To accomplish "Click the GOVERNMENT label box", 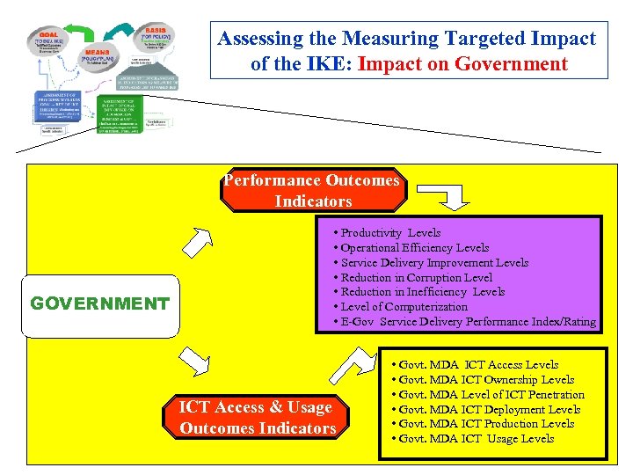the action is click(x=99, y=305).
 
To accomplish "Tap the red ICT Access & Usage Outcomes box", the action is click(x=258, y=418).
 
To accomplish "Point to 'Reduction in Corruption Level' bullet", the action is click(x=417, y=277).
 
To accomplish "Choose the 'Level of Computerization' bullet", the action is click(x=404, y=307).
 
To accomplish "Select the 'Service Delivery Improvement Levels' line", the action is click(x=434, y=262).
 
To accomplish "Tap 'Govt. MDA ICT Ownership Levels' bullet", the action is click(x=486, y=379).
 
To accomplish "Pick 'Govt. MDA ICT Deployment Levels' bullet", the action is click(x=489, y=409).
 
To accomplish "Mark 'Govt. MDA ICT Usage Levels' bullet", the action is click(x=476, y=438).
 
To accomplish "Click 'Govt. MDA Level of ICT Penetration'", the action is click(x=491, y=394).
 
